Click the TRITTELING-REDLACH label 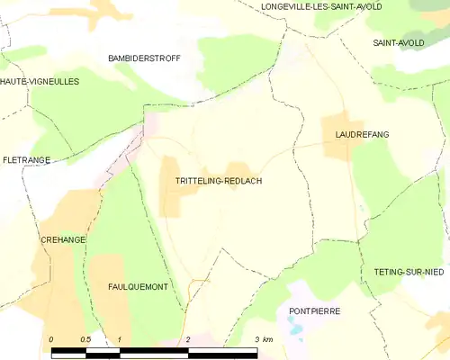(219, 181)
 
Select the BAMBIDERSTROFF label (144, 58)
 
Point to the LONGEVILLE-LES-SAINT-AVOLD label (320, 6)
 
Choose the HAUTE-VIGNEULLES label (40, 81)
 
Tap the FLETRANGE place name (25, 159)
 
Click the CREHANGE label (62, 240)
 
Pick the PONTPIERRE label (314, 310)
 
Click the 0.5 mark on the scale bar (85, 339)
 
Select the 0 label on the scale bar (51, 339)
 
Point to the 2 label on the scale (188, 339)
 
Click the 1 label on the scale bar (119, 339)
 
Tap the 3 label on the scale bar (256, 339)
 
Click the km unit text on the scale (267, 339)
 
